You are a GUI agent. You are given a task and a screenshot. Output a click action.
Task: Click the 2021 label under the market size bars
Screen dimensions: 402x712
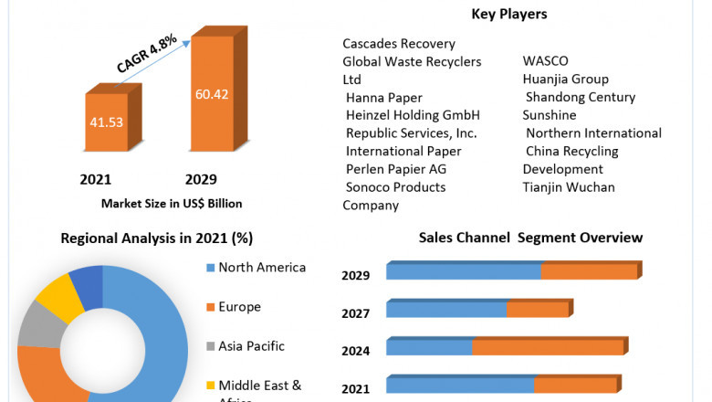(x=96, y=178)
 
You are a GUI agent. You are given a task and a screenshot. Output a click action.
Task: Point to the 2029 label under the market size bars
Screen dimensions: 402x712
(x=201, y=178)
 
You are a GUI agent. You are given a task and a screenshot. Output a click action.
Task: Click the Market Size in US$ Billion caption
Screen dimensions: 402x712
(x=172, y=203)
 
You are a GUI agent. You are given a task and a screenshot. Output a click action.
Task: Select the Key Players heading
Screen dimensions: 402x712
(x=510, y=14)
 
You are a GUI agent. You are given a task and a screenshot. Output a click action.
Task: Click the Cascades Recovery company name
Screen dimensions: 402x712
(x=399, y=43)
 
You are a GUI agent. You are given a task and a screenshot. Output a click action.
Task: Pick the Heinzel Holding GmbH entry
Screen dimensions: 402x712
(x=413, y=115)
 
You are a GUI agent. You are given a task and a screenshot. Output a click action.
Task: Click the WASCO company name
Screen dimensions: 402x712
(x=545, y=61)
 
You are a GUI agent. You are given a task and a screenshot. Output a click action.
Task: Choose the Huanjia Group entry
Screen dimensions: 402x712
(x=565, y=79)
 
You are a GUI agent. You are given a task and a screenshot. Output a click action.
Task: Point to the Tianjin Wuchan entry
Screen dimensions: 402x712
(x=569, y=187)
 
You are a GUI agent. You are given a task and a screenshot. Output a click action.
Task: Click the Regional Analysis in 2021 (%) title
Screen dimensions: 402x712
(x=156, y=238)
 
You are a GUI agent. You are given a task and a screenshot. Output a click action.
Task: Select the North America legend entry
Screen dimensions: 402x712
(x=262, y=268)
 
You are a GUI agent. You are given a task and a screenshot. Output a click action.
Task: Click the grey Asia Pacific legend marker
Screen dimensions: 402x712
(x=211, y=347)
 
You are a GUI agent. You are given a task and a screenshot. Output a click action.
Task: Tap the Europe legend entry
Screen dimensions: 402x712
(x=239, y=307)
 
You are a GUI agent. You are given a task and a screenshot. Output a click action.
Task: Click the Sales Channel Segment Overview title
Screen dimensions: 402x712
(x=530, y=238)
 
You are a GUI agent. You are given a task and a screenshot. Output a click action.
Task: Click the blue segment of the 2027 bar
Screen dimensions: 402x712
(x=446, y=310)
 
